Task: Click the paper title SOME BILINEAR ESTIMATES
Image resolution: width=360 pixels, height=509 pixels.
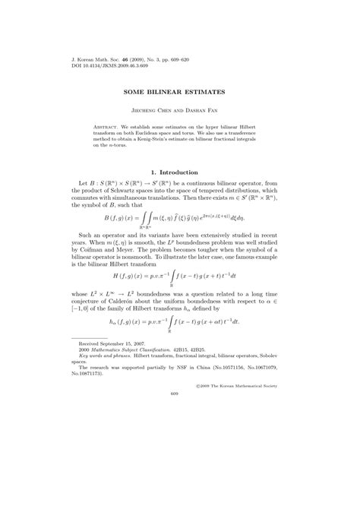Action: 180,92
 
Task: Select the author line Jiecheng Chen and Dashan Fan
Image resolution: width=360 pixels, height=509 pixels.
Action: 180,109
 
